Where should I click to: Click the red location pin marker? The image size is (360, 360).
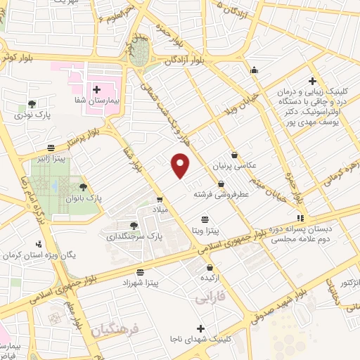(181, 165)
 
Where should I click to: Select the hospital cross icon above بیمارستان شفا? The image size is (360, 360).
(96, 89)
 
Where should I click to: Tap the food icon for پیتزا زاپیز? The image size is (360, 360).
(51, 148)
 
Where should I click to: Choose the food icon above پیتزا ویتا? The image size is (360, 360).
(205, 219)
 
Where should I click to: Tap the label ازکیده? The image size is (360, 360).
(210, 278)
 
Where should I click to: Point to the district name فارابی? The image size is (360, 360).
(209, 300)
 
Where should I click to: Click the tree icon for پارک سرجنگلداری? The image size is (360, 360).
(134, 224)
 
